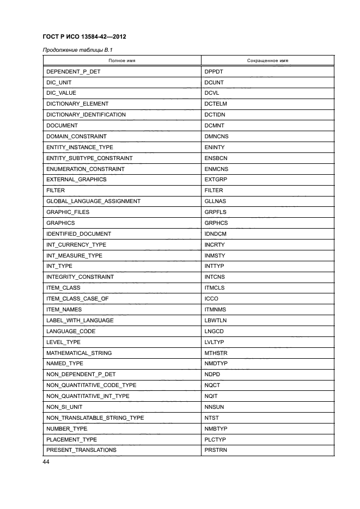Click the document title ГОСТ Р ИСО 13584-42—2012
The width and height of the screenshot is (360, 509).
tap(84, 36)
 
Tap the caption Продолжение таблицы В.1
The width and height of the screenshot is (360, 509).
tap(73, 51)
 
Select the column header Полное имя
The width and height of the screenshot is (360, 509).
tap(122, 60)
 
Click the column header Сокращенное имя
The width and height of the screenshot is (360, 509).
tap(267, 60)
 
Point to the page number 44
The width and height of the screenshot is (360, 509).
tap(46, 462)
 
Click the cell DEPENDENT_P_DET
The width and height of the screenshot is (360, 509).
tap(74, 71)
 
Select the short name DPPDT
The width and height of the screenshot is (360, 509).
tap(214, 71)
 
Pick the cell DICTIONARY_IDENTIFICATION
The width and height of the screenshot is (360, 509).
tap(86, 114)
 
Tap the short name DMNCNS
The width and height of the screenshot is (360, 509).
tap(217, 136)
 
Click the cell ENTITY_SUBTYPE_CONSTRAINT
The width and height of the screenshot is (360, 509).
tap(89, 158)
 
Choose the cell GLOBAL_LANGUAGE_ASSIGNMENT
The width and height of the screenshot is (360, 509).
tap(93, 201)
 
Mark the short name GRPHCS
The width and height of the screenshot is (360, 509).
tap(216, 223)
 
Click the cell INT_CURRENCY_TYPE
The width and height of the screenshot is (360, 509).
tap(76, 244)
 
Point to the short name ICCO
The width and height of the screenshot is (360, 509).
tap(212, 299)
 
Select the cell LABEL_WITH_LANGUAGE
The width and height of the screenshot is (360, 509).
tap(80, 320)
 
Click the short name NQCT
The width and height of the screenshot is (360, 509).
tap(212, 385)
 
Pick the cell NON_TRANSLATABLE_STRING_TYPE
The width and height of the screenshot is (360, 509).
tap(95, 418)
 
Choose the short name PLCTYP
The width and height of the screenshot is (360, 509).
tap(216, 439)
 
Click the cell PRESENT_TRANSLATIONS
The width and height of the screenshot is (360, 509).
tap(81, 450)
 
